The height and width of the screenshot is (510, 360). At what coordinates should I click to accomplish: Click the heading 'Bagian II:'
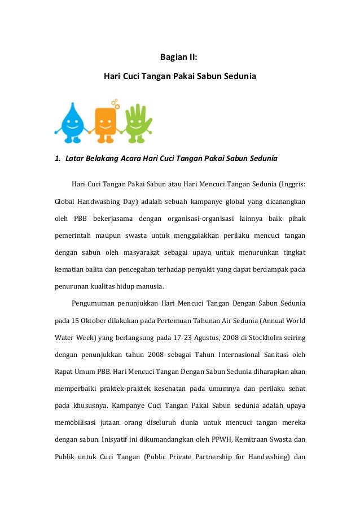(180, 56)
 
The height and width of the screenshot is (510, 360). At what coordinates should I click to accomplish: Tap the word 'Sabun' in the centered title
(209, 75)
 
